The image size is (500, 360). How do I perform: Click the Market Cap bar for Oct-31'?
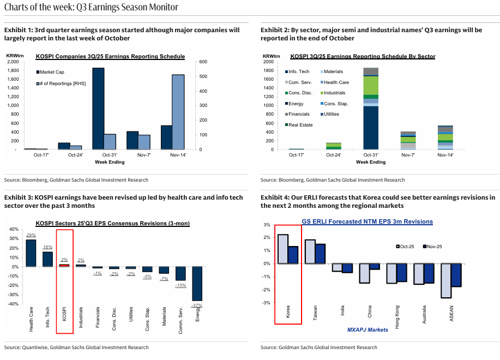pos(98,109)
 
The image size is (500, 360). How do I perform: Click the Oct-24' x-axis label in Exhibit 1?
pos(75,155)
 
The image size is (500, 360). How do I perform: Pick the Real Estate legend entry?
pos(299,125)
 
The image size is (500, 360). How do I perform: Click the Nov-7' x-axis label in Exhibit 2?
pos(408,155)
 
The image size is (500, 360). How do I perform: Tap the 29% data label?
pos(31,235)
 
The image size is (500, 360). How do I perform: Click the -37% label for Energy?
pos(197,305)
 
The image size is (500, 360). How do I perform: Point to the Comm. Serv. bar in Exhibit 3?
pos(181,273)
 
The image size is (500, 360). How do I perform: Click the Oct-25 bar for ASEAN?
pos(446,281)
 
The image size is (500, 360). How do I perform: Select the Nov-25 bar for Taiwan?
pos(321,254)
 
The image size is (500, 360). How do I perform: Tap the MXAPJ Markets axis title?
pos(368,329)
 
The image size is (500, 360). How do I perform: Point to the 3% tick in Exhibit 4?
pos(267,225)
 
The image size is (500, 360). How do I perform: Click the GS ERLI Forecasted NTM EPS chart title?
pos(367,221)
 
